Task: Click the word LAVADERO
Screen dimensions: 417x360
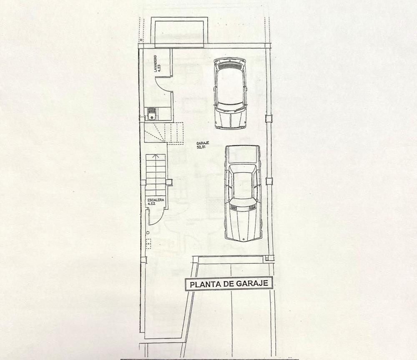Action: click(x=155, y=63)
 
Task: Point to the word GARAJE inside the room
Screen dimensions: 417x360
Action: click(x=203, y=143)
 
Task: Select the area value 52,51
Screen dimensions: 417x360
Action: click(x=203, y=146)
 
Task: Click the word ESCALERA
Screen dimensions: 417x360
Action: click(x=156, y=200)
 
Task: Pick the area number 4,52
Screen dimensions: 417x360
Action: click(x=152, y=204)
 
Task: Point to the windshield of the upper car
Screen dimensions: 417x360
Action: click(x=230, y=108)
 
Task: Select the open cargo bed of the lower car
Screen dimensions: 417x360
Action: click(x=242, y=154)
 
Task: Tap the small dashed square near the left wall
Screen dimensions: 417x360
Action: click(x=148, y=244)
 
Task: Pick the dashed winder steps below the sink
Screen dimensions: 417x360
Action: click(x=164, y=133)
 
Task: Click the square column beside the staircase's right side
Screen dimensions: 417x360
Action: click(x=169, y=182)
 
